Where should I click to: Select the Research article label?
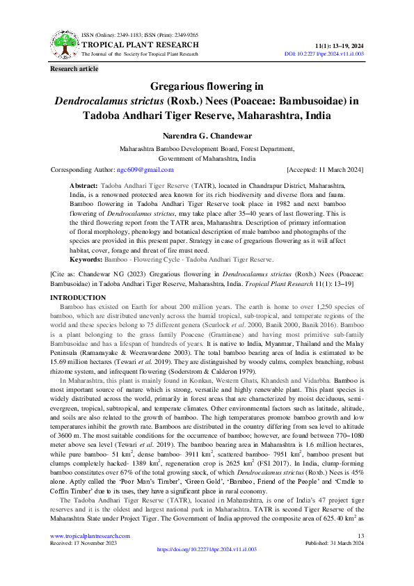(74, 68)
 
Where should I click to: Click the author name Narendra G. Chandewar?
(206, 136)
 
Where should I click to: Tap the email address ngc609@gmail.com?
(145, 169)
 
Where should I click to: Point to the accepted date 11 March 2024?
(337, 169)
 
